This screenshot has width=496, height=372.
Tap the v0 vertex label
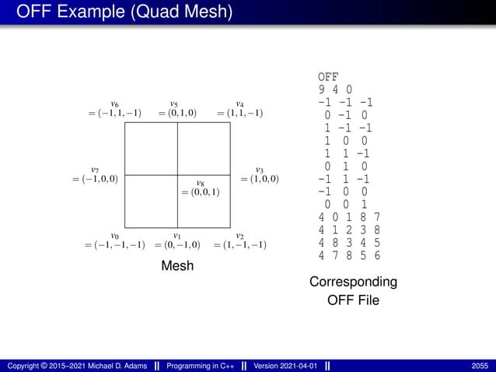point(114,236)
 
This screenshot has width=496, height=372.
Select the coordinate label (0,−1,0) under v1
point(177,245)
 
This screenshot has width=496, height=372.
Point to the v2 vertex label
point(240,236)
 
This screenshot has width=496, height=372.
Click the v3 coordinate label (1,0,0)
point(260,179)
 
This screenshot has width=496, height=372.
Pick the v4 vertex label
point(240,104)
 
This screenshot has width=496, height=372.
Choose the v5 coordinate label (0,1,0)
point(177,114)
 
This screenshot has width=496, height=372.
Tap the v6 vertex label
point(114,104)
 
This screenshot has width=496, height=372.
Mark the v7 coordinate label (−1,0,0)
point(95,179)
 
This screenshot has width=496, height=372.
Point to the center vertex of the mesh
point(178,175)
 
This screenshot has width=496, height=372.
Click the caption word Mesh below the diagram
point(177,266)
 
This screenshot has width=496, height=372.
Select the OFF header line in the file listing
point(328,77)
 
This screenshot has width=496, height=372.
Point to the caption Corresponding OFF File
point(353,290)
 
